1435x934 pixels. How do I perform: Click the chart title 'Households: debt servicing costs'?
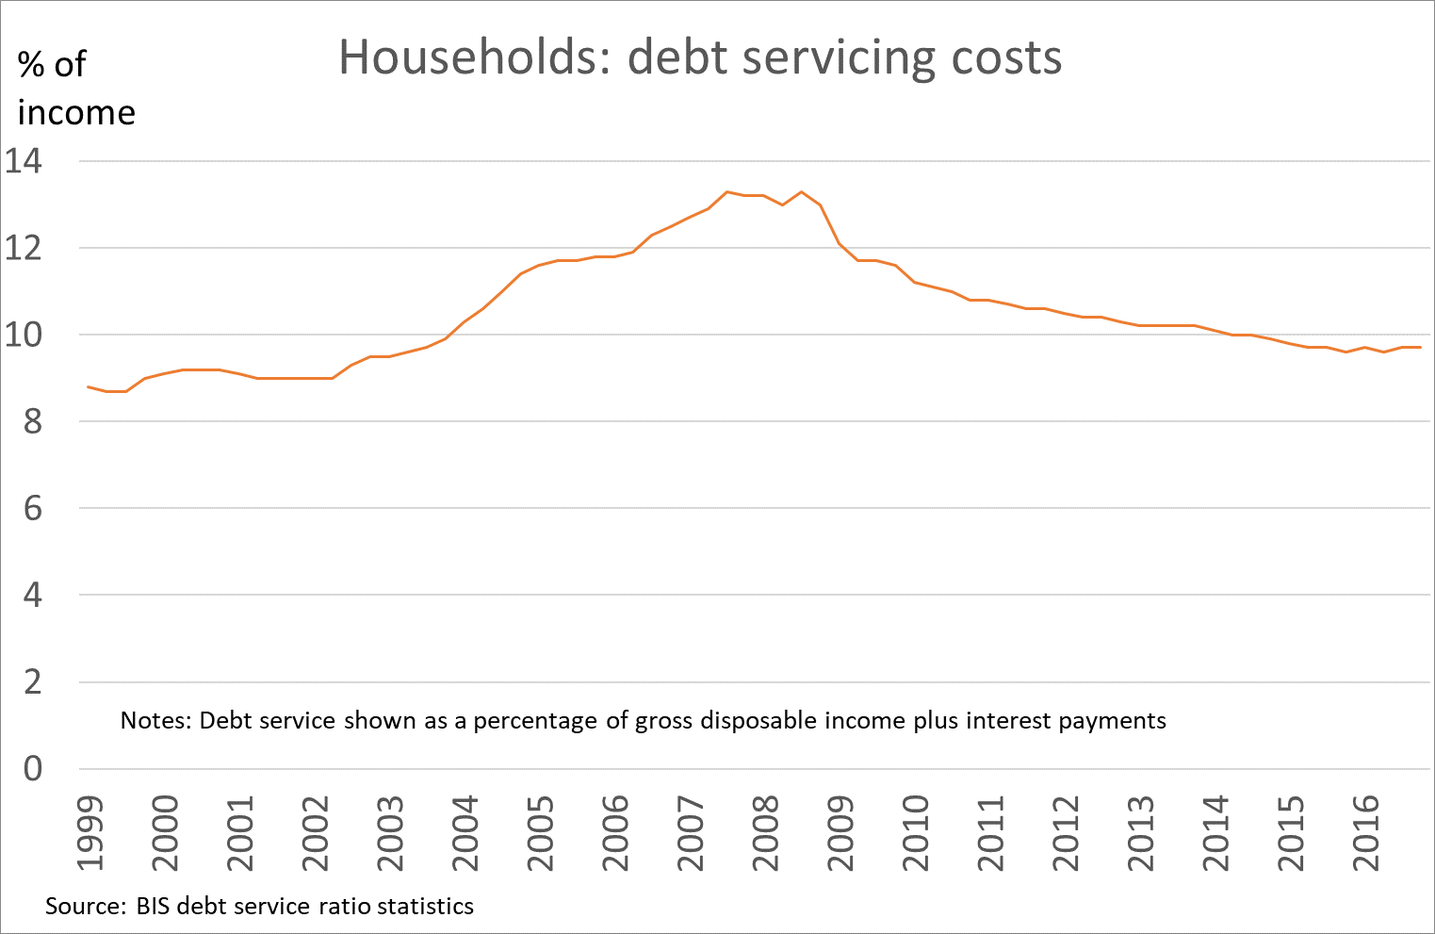(x=700, y=58)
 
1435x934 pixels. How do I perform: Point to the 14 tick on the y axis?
(x=24, y=161)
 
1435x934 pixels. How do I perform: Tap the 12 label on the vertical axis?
(x=24, y=249)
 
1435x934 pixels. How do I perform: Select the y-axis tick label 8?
(x=32, y=422)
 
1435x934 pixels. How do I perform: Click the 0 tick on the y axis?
(x=32, y=769)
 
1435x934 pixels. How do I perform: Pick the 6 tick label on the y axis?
(x=32, y=509)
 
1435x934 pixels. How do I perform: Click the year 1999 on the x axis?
(x=90, y=835)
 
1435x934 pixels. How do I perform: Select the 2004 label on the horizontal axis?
(x=465, y=835)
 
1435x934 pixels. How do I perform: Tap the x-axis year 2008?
(x=765, y=835)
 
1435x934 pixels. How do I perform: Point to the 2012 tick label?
(x=1066, y=835)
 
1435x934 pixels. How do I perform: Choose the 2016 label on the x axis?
(x=1366, y=835)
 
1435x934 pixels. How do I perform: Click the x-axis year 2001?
(x=239, y=835)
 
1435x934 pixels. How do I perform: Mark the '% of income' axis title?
(x=75, y=89)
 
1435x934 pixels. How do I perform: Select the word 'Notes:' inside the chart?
(x=155, y=721)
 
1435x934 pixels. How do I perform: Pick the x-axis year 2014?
(x=1215, y=835)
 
